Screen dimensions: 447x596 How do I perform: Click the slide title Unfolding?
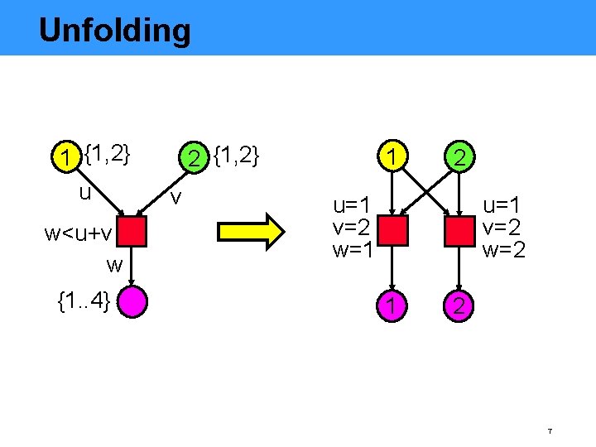pyautogui.click(x=114, y=31)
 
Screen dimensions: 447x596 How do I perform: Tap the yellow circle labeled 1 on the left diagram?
pyautogui.click(x=63, y=156)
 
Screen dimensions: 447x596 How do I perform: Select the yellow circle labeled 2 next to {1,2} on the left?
pyautogui.click(x=193, y=156)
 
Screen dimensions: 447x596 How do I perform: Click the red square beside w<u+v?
pyautogui.click(x=131, y=233)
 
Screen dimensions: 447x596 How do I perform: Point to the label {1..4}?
pyautogui.click(x=84, y=301)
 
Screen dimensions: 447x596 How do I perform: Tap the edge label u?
pyautogui.click(x=84, y=192)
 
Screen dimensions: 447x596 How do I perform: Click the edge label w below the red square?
pyautogui.click(x=114, y=265)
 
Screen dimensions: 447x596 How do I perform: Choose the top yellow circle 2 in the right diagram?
pyautogui.click(x=458, y=156)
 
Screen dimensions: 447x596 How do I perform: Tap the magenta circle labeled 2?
pyautogui.click(x=458, y=307)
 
